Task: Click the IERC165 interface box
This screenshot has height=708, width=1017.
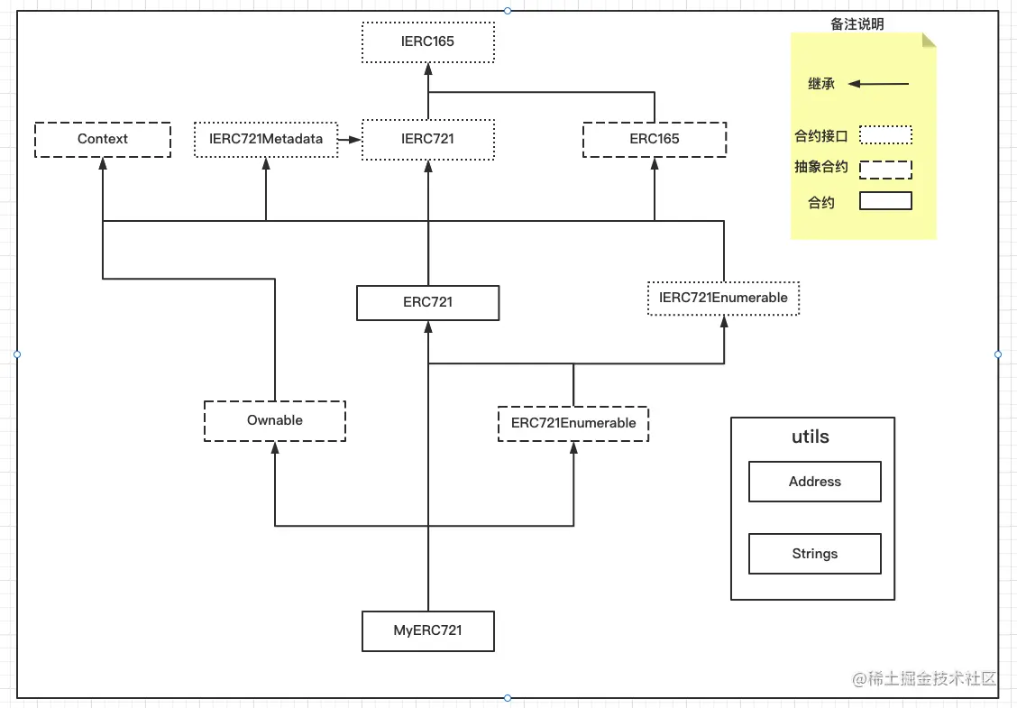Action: tap(427, 41)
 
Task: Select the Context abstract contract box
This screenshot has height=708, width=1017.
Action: tap(103, 140)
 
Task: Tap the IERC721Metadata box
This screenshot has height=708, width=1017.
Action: tap(266, 140)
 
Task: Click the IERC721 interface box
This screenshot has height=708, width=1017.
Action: tap(427, 140)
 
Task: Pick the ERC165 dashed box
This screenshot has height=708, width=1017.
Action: tap(655, 140)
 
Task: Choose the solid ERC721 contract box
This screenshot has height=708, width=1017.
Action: tap(427, 303)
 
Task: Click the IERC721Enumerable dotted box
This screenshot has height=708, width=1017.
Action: tap(723, 299)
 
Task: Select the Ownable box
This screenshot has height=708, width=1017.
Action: tap(275, 421)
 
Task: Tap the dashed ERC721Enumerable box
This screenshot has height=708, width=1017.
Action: tap(573, 423)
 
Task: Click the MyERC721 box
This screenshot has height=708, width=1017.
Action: tap(427, 631)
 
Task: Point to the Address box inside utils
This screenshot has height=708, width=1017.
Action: tap(814, 483)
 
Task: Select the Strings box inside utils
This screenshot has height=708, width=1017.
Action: tap(814, 555)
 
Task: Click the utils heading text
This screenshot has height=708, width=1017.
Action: tap(810, 437)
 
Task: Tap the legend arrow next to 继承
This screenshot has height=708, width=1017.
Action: tap(879, 84)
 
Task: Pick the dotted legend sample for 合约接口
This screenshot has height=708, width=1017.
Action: tap(885, 135)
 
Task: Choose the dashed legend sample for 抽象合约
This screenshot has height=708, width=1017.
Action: tap(885, 170)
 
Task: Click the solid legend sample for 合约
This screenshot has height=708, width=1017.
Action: tap(885, 201)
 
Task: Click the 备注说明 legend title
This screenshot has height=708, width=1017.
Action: tap(857, 24)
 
